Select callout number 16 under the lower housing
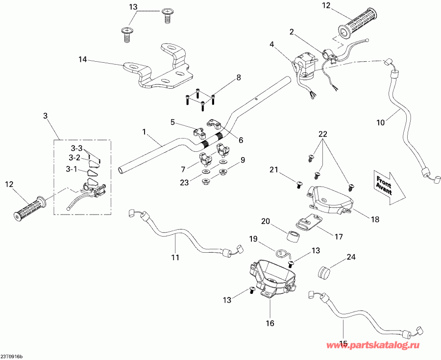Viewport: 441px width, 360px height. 270,323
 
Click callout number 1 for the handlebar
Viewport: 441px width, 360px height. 144,131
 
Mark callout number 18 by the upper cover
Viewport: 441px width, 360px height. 375,220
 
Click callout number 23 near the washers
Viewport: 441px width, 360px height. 183,183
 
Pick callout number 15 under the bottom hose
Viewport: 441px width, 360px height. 343,343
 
